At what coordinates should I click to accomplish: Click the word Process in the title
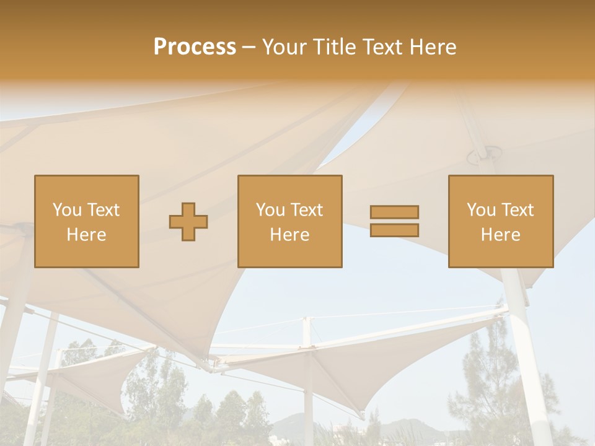click(195, 47)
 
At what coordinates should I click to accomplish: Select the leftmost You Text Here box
click(87, 221)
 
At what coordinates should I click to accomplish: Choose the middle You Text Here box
click(290, 221)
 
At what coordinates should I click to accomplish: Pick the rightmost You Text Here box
click(501, 221)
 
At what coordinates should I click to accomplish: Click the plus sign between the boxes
click(188, 222)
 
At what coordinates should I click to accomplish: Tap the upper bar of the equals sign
click(394, 212)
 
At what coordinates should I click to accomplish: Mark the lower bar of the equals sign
click(394, 230)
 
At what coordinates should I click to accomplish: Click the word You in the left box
click(66, 210)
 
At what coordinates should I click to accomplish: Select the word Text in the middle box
click(306, 210)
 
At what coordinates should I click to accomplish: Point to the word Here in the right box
click(501, 235)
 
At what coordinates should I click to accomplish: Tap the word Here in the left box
click(87, 235)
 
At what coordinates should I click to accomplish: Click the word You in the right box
click(480, 210)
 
